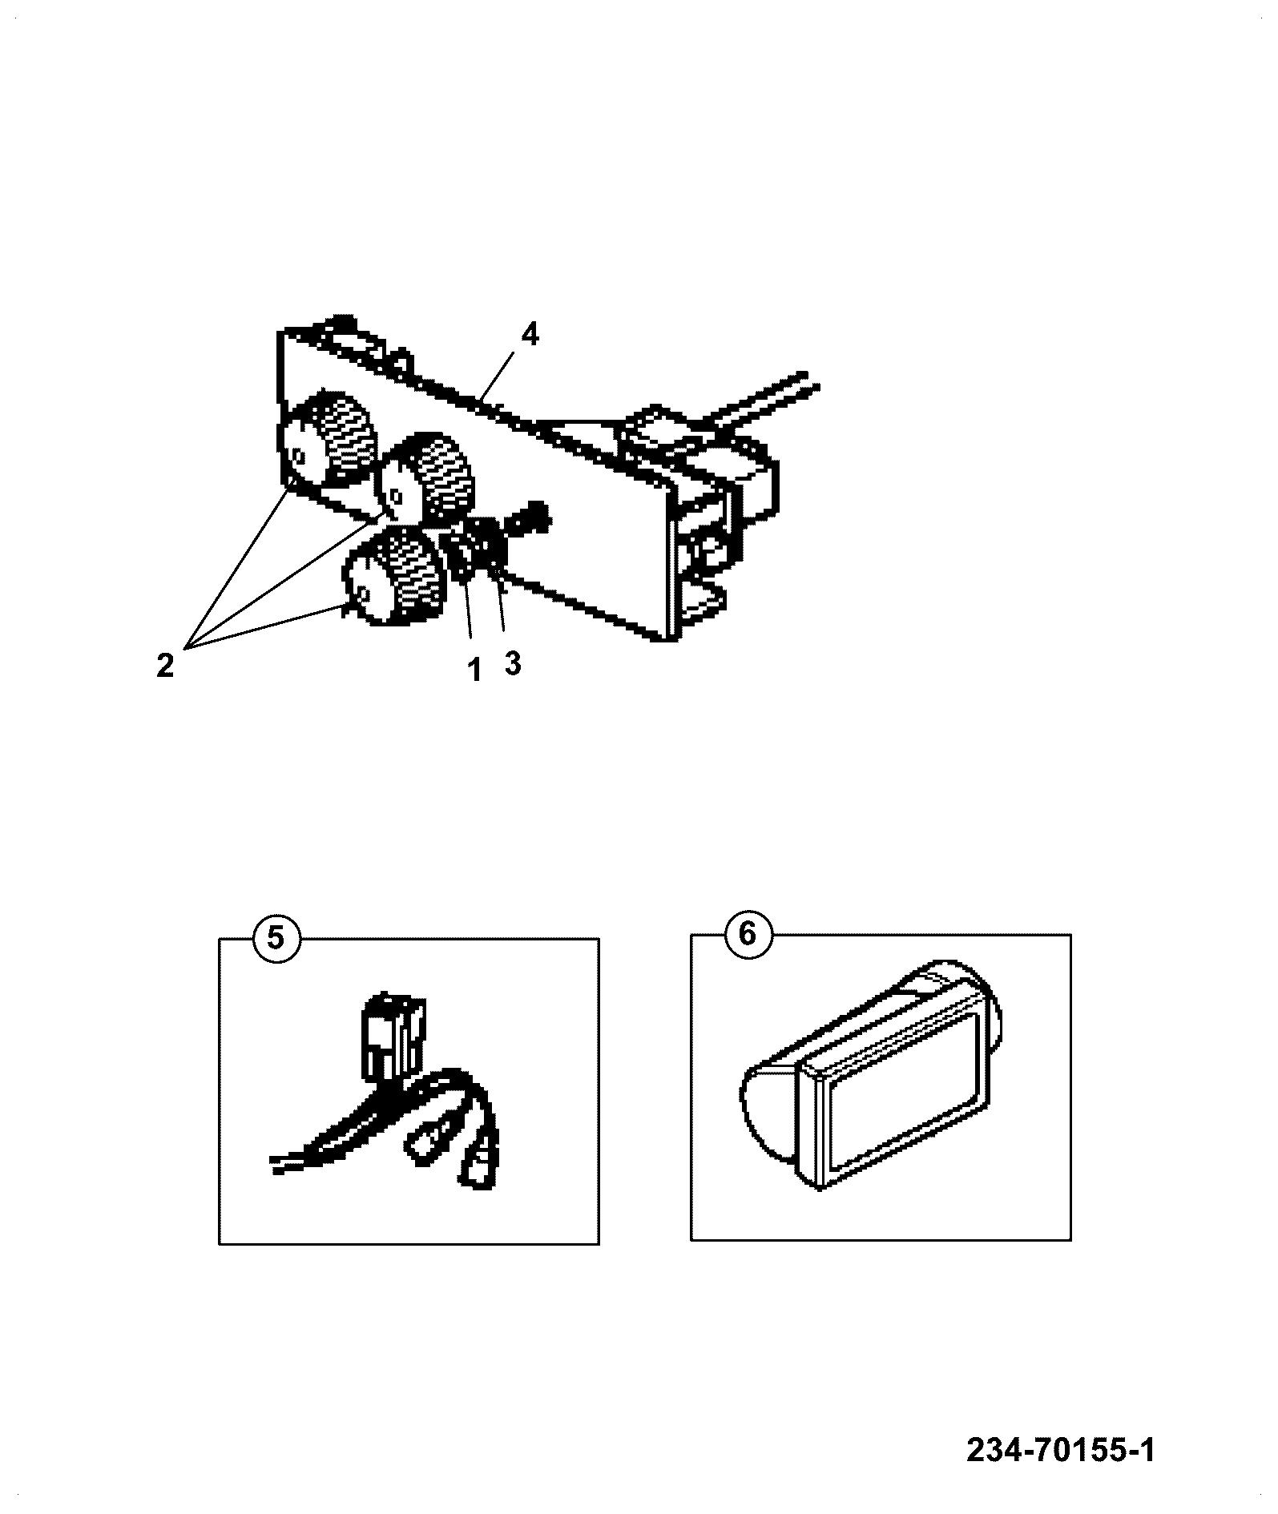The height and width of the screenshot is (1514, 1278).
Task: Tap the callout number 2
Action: [x=165, y=666]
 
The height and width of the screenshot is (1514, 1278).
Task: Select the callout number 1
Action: [x=474, y=670]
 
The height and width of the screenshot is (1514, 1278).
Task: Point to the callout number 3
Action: [x=512, y=663]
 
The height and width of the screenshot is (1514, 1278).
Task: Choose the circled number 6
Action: [x=748, y=934]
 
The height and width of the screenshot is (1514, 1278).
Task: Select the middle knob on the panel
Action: [x=426, y=477]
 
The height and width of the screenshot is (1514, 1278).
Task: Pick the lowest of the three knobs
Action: [x=394, y=574]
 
